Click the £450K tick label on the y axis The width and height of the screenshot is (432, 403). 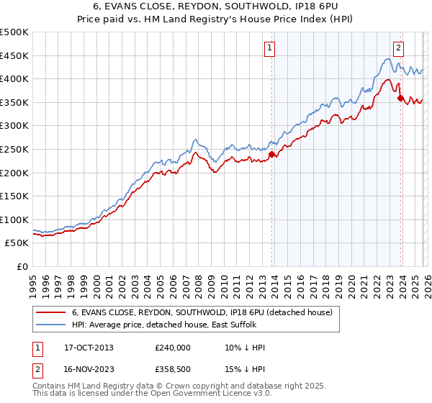(x=14, y=55)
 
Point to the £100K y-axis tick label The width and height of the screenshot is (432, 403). (x=14, y=219)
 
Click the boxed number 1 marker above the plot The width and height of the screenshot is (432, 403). (x=270, y=48)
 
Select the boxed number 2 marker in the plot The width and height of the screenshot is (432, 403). (x=398, y=48)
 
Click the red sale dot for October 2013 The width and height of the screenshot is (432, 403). (x=271, y=154)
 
